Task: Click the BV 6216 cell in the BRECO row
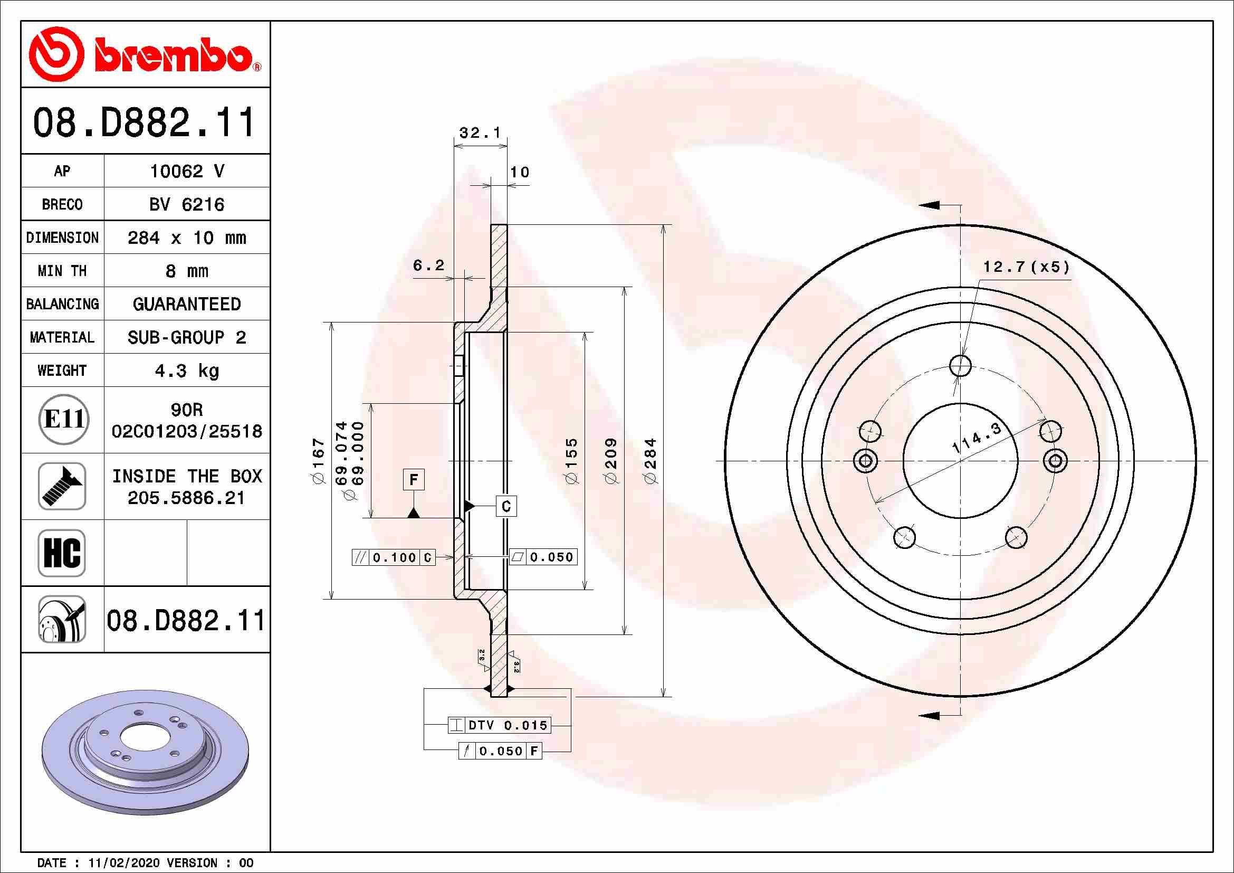pyautogui.click(x=186, y=204)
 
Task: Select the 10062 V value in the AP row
pyautogui.click(x=186, y=171)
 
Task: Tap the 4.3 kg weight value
pyautogui.click(x=186, y=371)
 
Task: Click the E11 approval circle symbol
pyautogui.click(x=63, y=419)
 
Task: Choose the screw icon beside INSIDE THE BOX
pyautogui.click(x=62, y=486)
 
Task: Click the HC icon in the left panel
pyautogui.click(x=62, y=553)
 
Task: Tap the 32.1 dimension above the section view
pyautogui.click(x=480, y=132)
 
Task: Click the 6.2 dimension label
pyautogui.click(x=428, y=265)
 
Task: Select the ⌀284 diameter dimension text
pyautogui.click(x=651, y=461)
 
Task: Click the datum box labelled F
pyautogui.click(x=414, y=479)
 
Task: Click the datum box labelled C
pyautogui.click(x=506, y=506)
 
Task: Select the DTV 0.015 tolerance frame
pyautogui.click(x=499, y=725)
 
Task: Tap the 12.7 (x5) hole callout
pyautogui.click(x=1026, y=267)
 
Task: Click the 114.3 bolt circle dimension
pyautogui.click(x=977, y=439)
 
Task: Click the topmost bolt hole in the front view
pyautogui.click(x=960, y=366)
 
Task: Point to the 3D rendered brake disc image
pyautogui.click(x=145, y=752)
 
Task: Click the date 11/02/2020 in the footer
pyautogui.click(x=123, y=863)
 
